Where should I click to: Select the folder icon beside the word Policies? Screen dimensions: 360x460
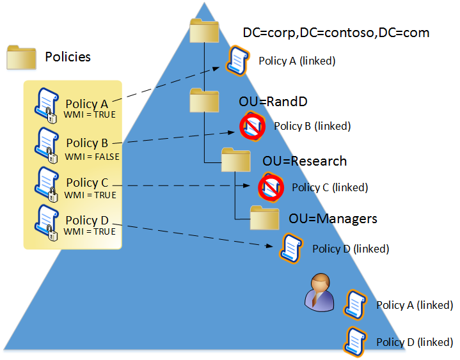click(21, 57)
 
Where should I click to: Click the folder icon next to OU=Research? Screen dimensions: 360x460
click(236, 160)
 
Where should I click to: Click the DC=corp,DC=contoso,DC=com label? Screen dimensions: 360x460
click(336, 32)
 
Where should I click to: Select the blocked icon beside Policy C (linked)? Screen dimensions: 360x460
click(270, 187)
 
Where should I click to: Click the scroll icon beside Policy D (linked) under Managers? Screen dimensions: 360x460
click(291, 247)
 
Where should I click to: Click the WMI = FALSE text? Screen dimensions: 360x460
click(91, 155)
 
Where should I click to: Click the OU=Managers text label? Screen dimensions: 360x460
click(333, 219)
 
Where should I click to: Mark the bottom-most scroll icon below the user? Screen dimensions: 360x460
click(355, 341)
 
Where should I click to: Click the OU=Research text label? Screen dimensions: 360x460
click(305, 160)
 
